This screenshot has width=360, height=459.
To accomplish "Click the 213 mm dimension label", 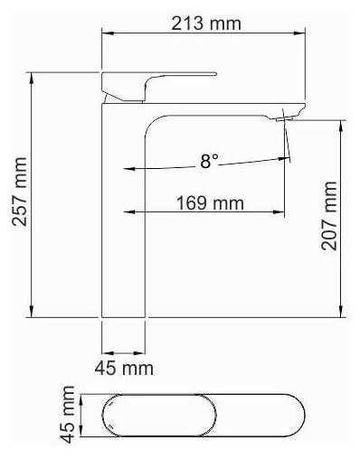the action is point(206,23).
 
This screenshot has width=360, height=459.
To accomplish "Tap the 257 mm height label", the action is point(20,192).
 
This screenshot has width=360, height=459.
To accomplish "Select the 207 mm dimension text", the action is point(328,216).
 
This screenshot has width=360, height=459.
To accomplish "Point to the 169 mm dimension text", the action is point(210,203).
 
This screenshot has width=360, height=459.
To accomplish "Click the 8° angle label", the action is point(210,161).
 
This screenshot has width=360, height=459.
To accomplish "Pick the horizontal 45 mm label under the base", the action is point(124,368).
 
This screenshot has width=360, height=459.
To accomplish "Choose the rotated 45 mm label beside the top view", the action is point(67,415).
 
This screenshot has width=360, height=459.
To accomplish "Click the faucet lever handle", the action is point(159,87).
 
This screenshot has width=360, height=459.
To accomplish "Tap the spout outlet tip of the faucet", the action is point(285,119).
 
